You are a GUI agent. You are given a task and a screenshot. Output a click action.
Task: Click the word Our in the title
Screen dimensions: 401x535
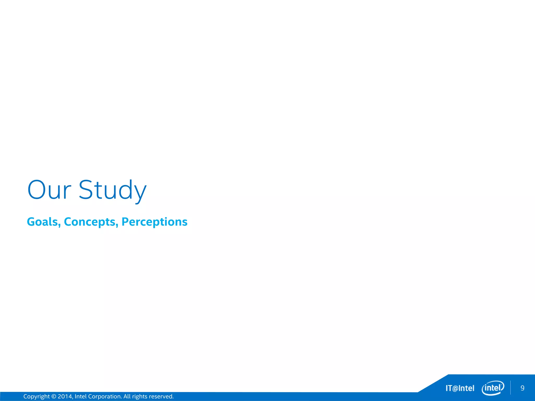click(49, 190)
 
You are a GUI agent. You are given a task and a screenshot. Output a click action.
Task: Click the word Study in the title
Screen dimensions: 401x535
click(113, 190)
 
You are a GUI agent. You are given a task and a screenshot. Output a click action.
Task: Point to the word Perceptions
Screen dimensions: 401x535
click(154, 222)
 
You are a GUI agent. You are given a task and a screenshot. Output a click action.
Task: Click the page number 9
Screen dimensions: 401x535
click(522, 388)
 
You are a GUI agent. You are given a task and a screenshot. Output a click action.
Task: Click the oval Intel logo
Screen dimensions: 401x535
click(493, 388)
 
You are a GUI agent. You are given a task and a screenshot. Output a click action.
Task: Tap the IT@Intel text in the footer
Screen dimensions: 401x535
click(460, 388)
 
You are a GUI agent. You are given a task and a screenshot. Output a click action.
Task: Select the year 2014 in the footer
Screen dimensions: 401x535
click(65, 397)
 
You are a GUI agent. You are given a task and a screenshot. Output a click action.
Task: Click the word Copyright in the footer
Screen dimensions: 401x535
click(36, 397)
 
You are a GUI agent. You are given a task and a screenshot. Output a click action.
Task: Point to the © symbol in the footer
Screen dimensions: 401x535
click(54, 397)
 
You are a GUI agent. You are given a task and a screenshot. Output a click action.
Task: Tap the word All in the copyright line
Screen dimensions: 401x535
click(127, 397)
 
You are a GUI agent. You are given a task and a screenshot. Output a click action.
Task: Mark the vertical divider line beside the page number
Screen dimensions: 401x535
click(510, 388)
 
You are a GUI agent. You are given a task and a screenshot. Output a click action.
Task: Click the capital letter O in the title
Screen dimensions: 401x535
click(37, 190)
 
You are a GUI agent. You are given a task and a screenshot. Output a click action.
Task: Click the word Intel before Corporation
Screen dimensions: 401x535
click(80, 397)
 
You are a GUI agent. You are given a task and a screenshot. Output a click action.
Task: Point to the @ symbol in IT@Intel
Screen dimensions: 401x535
click(455, 388)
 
